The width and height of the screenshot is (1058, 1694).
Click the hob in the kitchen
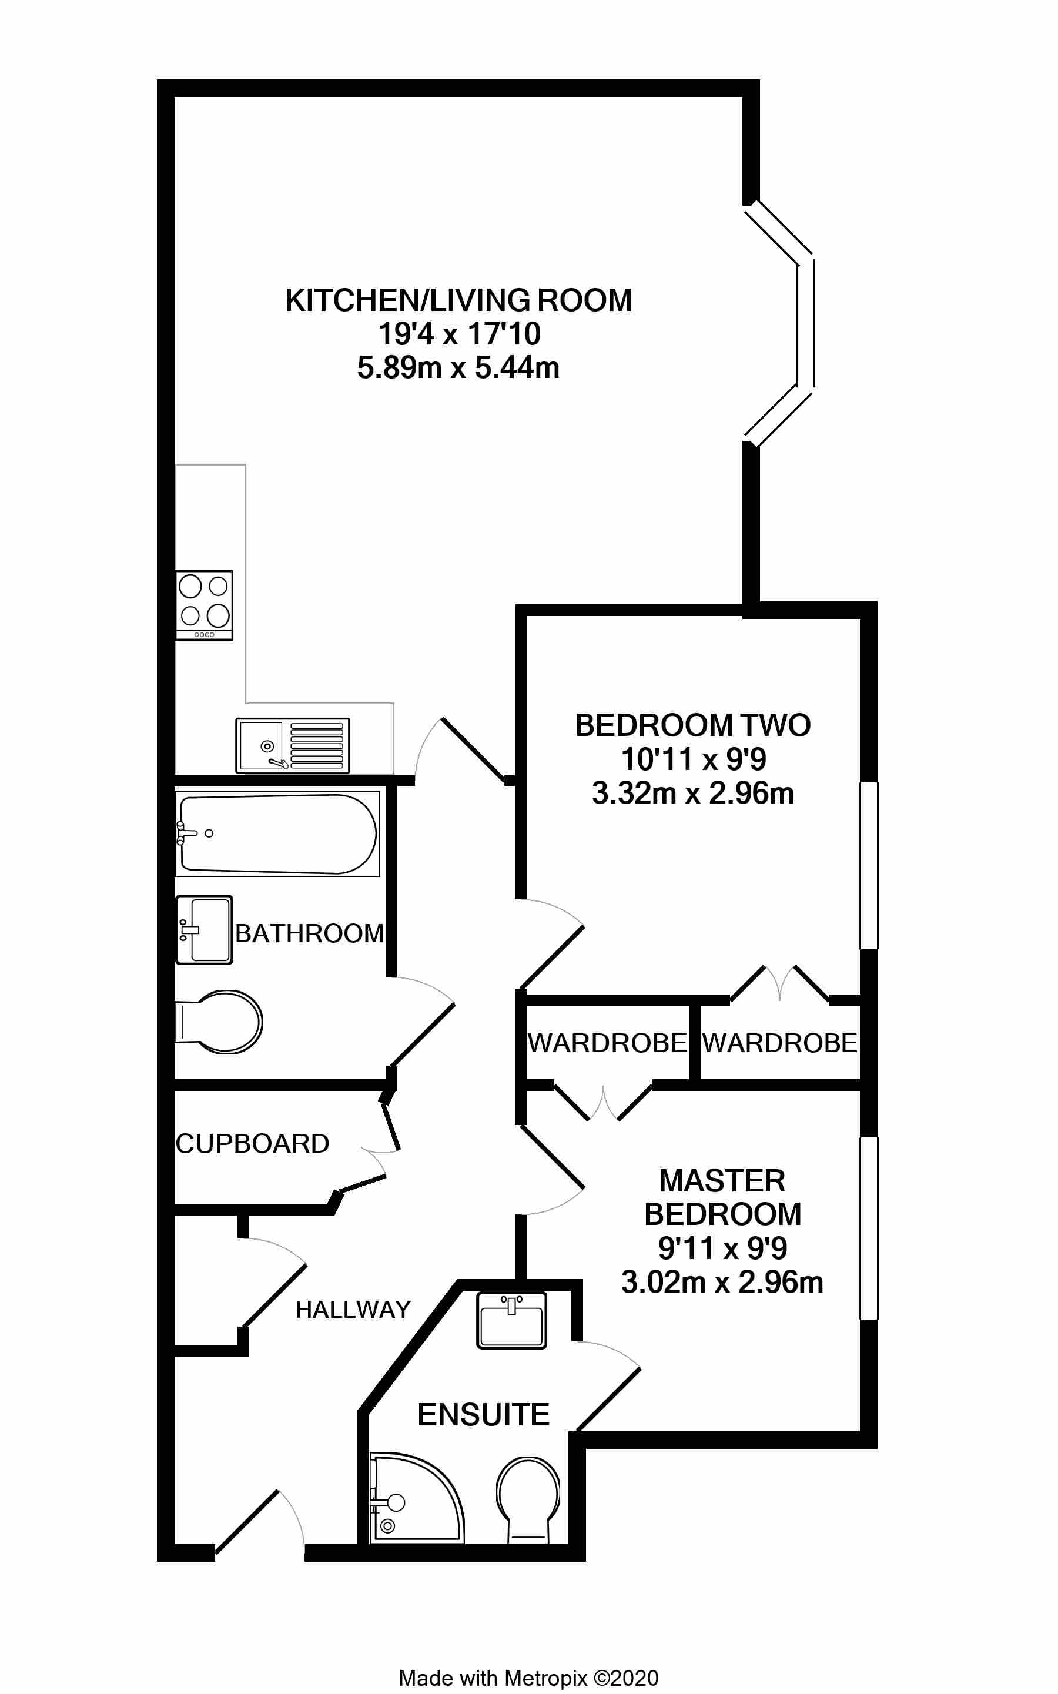pos(203,605)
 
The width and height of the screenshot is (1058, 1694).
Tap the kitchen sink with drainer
pos(293,745)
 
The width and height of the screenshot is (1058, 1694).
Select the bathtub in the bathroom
pos(277,834)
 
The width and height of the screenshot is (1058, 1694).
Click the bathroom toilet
pos(220,1022)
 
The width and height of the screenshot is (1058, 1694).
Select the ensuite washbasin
pos(511,1320)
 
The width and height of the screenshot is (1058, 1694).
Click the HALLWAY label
pos(353,1309)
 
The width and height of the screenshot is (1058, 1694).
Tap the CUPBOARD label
pos(252,1143)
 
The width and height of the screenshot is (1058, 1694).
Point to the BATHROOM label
pos(309,933)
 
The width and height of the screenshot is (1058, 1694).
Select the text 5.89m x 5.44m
pos(458,368)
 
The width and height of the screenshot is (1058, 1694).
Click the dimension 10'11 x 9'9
pos(694,759)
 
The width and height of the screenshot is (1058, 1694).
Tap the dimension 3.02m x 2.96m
pos(722,1283)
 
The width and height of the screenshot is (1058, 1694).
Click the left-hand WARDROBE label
pos(607,1043)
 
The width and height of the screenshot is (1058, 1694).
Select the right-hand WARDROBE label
pos(779,1043)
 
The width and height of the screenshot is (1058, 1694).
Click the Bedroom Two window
pos(868,866)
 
